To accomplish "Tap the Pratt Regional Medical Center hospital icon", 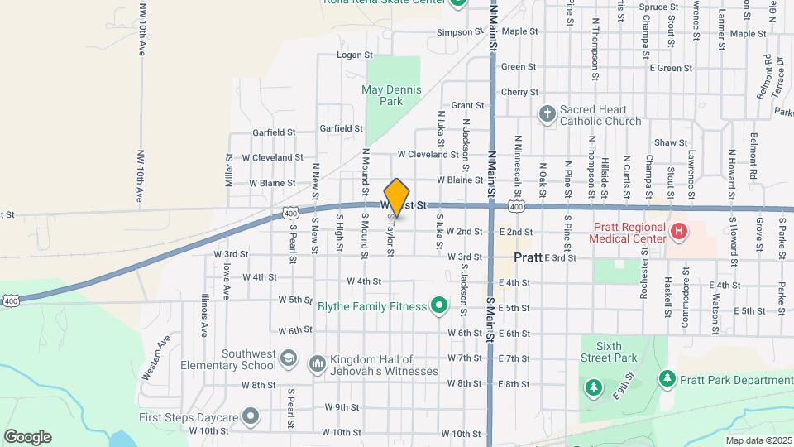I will pyautogui.click(x=678, y=231).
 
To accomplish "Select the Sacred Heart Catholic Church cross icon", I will pyautogui.click(x=547, y=114).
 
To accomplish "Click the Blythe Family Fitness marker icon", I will pyautogui.click(x=440, y=307).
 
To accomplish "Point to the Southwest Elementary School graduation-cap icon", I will pyautogui.click(x=288, y=358).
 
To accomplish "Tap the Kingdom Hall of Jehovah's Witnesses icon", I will pyautogui.click(x=318, y=364).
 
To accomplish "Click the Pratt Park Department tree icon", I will pyautogui.click(x=667, y=379).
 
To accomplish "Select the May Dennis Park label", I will pyautogui.click(x=392, y=95).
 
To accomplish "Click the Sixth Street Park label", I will pyautogui.click(x=609, y=352).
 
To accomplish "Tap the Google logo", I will pyautogui.click(x=27, y=436).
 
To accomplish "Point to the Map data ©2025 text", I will pyautogui.click(x=758, y=440).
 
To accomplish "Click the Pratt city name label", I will pyautogui.click(x=528, y=257).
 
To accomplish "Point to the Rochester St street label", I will pyautogui.click(x=644, y=275).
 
